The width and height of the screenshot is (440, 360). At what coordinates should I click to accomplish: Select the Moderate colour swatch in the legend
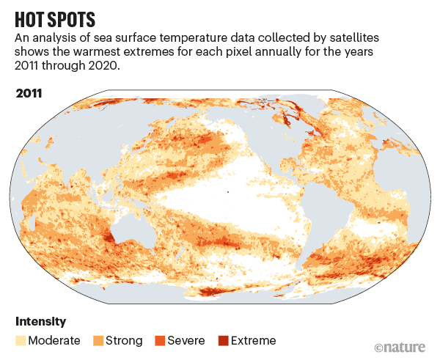21,340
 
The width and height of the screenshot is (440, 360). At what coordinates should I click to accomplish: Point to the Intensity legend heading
40,321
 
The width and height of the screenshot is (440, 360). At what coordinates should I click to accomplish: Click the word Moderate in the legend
55,340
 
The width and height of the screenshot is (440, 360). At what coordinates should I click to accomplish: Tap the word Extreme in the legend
253,340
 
